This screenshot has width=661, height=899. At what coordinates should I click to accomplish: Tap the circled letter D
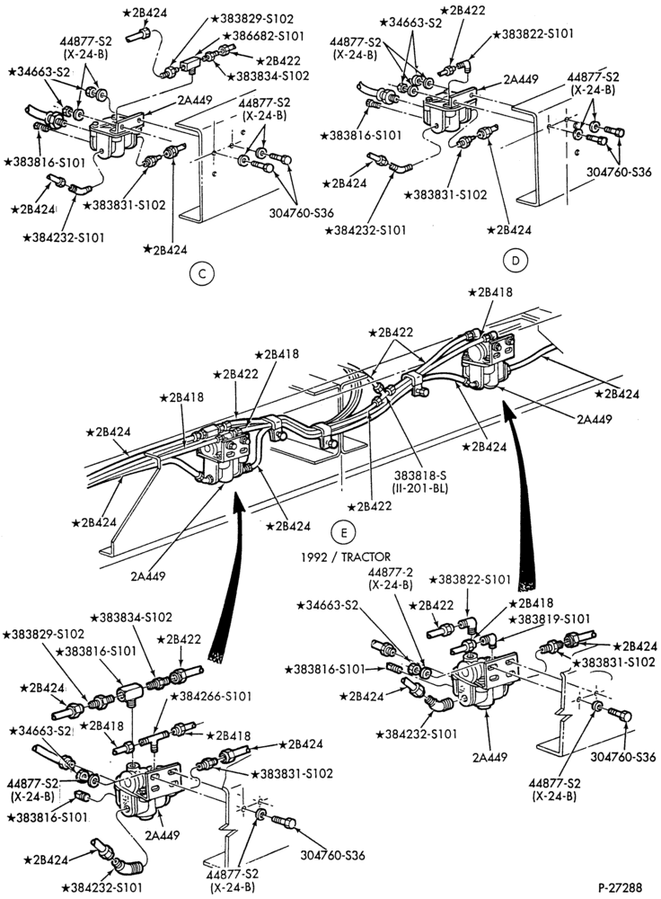pos(515,261)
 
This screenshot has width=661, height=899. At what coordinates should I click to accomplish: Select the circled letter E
pos(343,532)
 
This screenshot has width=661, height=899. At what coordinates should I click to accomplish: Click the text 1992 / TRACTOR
pos(347,556)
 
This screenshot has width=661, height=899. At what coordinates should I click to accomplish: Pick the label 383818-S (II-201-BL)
pos(421,482)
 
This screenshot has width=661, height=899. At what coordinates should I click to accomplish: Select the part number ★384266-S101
pos(211,696)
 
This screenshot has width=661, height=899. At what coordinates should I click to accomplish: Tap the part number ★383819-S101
pos(550,619)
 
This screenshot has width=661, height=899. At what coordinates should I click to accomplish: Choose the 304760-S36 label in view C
pos(301,213)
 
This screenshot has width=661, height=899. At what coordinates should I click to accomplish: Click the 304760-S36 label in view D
pos(619,172)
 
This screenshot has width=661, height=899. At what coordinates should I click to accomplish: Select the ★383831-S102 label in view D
pos(445,195)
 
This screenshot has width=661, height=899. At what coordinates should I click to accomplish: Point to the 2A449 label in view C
pos(195,100)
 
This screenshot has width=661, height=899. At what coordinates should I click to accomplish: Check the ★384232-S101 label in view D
pos(365,230)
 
